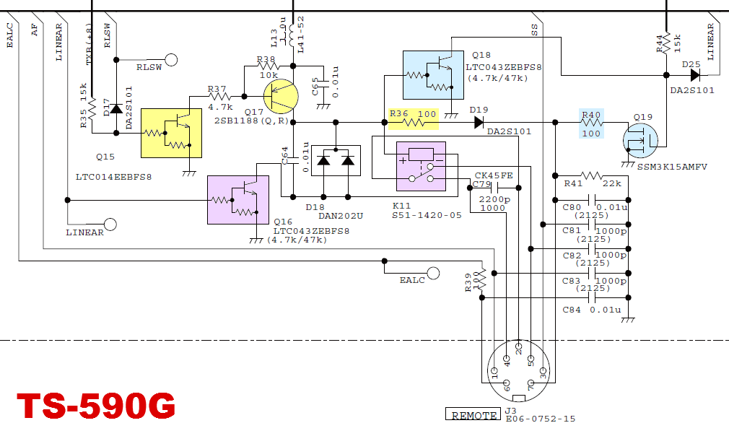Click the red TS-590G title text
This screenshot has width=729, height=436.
coord(96,406)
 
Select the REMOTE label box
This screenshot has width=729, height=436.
coord(473,415)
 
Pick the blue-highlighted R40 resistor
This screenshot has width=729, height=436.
coord(590,123)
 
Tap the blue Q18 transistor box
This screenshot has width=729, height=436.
coord(432,74)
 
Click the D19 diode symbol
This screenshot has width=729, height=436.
coord(479,122)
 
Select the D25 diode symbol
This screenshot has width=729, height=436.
coord(694,74)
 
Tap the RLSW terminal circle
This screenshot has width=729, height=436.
coord(171,60)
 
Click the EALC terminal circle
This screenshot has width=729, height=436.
coord(433,273)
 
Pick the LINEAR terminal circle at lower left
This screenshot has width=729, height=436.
coord(110,224)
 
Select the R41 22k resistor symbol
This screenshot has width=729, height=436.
coord(591,175)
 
